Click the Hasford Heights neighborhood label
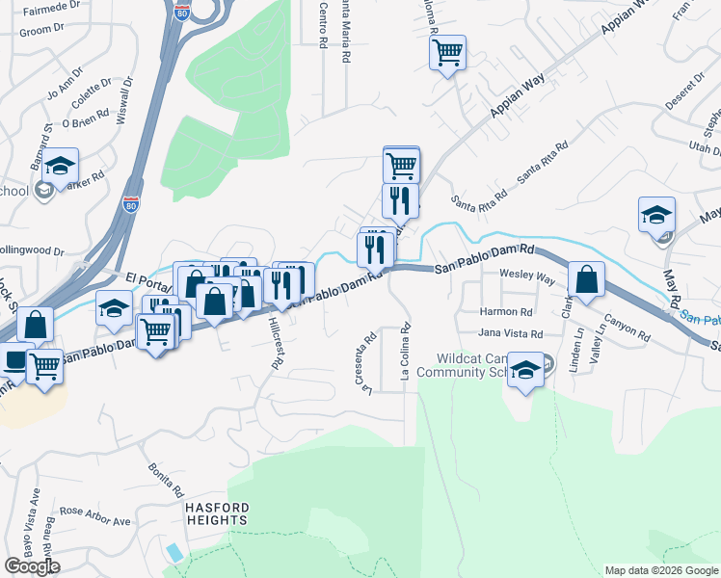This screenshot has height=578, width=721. (219, 513)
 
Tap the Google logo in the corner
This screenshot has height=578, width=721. (32, 566)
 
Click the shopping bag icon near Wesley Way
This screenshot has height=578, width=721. (586, 280)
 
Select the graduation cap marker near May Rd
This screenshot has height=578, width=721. (656, 215)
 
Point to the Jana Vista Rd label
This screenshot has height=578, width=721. (511, 333)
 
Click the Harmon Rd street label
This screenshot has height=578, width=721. (506, 312)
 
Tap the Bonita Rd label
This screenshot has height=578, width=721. (165, 477)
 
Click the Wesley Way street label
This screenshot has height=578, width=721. (526, 276)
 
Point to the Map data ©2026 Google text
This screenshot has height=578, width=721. (660, 570)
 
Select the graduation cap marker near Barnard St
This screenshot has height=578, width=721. (60, 168)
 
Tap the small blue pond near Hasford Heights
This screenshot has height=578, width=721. (173, 552)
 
